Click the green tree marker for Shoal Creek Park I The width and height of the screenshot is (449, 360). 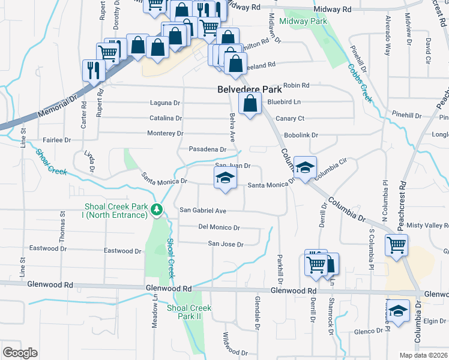coord(157,209)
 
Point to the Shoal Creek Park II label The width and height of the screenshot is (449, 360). coord(189,312)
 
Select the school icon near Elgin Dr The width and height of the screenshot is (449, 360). coord(397,311)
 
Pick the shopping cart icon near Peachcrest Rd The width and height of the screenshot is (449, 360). coord(397,245)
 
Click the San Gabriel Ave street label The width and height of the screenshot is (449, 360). coord(203,211)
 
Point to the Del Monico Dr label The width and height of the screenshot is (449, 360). coord(219,228)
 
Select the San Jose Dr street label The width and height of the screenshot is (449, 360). coord(225,244)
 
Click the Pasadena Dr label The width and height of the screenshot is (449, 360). coord(207,149)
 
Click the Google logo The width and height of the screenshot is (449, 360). coord(20,352)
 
